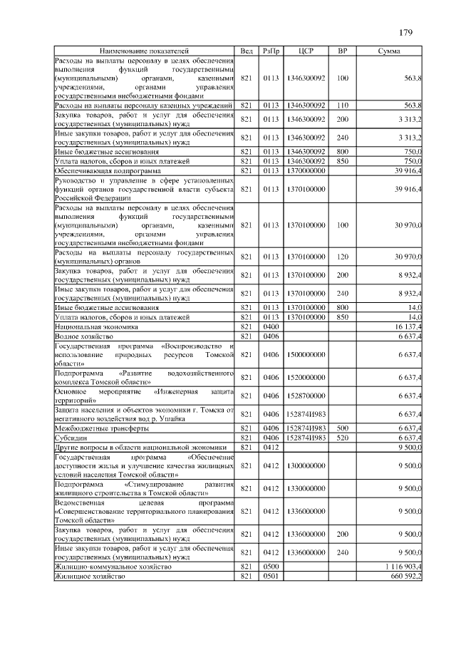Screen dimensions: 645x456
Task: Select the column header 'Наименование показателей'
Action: point(145,51)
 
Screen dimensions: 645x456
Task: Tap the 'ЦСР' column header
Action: point(306,51)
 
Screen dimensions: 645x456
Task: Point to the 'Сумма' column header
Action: point(388,51)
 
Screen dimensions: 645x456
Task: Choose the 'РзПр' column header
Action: point(271,51)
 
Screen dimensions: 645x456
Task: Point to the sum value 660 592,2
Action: point(403,576)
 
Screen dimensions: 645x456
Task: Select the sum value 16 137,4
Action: point(407,326)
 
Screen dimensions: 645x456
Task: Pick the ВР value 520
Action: point(343,438)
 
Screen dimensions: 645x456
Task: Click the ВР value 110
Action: point(343,105)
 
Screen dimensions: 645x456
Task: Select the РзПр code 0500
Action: point(271,567)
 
